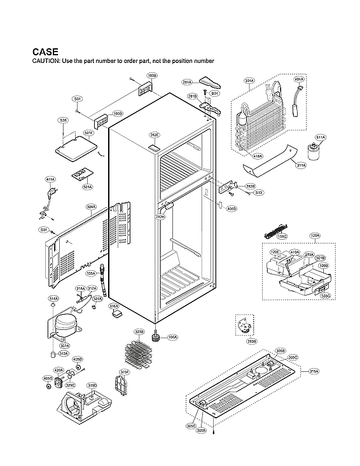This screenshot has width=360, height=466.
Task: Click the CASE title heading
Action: [x=45, y=51]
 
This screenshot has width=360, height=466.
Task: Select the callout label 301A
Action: [x=249, y=81]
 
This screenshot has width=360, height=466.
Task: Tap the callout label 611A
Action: [x=321, y=137]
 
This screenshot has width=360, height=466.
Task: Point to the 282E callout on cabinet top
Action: [x=155, y=135]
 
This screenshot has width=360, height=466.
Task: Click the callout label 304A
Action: [x=92, y=207]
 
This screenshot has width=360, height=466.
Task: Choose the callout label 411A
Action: [x=51, y=180]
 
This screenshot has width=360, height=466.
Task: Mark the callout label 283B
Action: [x=253, y=341]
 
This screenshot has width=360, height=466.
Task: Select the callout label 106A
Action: [x=172, y=337]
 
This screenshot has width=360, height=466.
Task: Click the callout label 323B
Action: [x=139, y=332]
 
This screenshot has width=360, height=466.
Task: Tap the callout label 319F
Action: [x=125, y=372]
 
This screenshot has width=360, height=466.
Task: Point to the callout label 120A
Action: [x=315, y=235]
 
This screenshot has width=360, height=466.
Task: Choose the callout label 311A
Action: [x=301, y=165]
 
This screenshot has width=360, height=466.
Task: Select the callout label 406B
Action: [x=232, y=209]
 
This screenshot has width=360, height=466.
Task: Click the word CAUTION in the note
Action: [x=49, y=60]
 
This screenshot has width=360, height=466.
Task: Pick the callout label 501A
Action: [x=88, y=187]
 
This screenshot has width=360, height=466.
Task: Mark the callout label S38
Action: [x=63, y=120]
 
